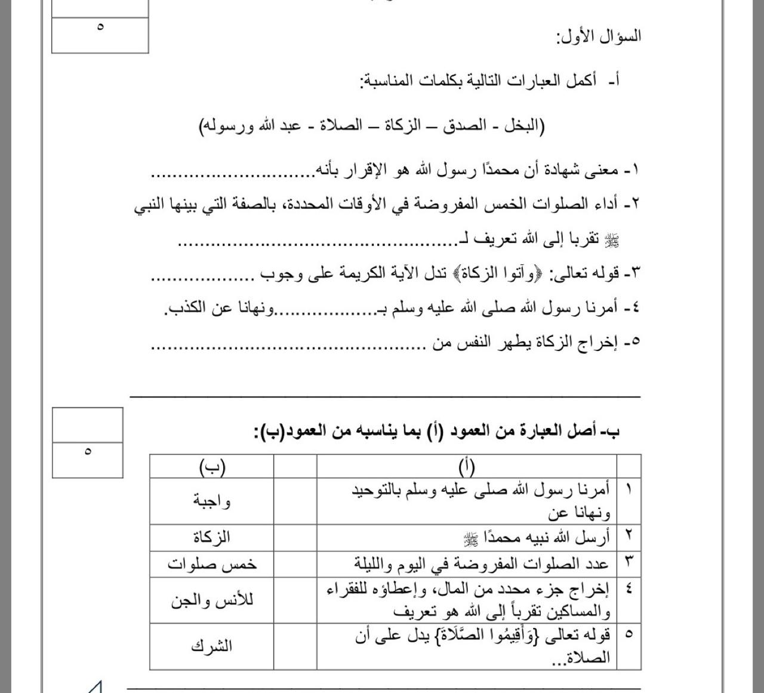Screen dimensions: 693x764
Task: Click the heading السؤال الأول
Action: [598, 36]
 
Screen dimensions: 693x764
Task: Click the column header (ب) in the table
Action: [212, 467]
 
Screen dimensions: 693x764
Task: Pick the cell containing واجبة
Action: [212, 501]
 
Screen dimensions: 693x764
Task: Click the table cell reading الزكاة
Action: [212, 537]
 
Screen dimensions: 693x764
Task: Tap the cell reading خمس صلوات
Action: [212, 564]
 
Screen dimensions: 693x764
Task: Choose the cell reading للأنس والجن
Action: [212, 600]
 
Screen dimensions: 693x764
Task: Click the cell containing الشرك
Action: [212, 646]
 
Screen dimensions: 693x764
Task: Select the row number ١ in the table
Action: [629, 490]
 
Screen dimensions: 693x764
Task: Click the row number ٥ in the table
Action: [629, 634]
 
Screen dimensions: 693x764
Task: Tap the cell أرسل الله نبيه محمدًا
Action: [537, 538]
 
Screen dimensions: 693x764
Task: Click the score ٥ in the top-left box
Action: [100, 27]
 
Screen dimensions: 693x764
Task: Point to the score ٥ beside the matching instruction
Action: [88, 451]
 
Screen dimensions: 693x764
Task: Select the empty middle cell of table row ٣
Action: [295, 564]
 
